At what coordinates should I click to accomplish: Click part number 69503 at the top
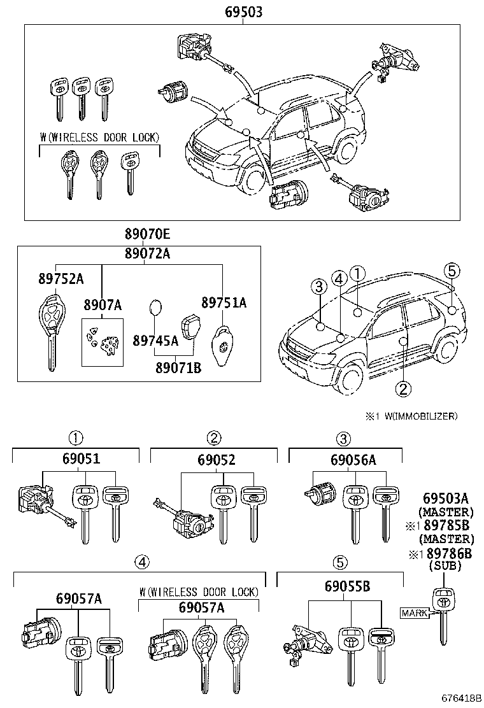pyautogui.click(x=243, y=12)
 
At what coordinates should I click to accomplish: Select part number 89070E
pyautogui.click(x=147, y=234)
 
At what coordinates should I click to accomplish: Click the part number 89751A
pyautogui.click(x=224, y=302)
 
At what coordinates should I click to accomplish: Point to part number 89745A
pyautogui.click(x=155, y=341)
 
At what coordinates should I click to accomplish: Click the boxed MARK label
pyautogui.click(x=413, y=613)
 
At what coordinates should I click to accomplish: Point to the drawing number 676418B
pyautogui.click(x=454, y=698)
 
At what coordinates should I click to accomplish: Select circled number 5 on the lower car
pyautogui.click(x=452, y=271)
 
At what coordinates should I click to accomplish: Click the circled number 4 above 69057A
pyautogui.click(x=143, y=562)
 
